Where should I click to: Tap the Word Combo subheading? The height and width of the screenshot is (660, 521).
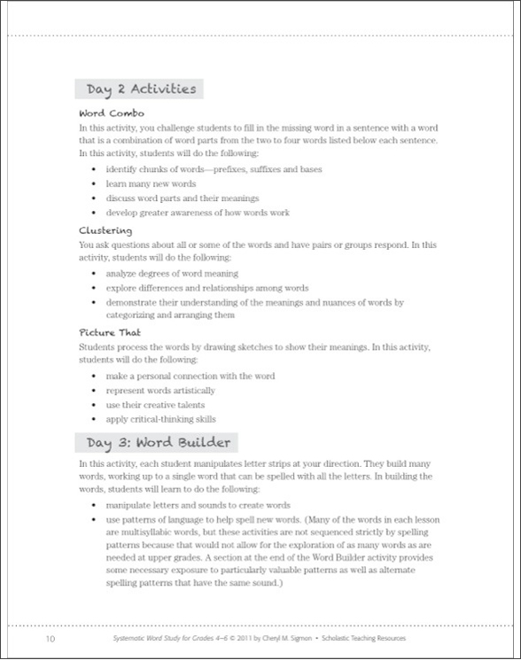pyautogui.click(x=113, y=113)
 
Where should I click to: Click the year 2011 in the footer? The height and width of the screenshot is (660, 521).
pyautogui.click(x=260, y=638)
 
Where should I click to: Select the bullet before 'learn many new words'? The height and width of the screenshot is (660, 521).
pyautogui.click(x=96, y=183)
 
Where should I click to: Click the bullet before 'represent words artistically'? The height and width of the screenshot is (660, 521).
pyautogui.click(x=96, y=391)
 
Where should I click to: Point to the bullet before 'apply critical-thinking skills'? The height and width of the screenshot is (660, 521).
pyautogui.click(x=96, y=419)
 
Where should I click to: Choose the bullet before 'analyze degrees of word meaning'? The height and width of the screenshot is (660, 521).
pyautogui.click(x=96, y=274)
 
